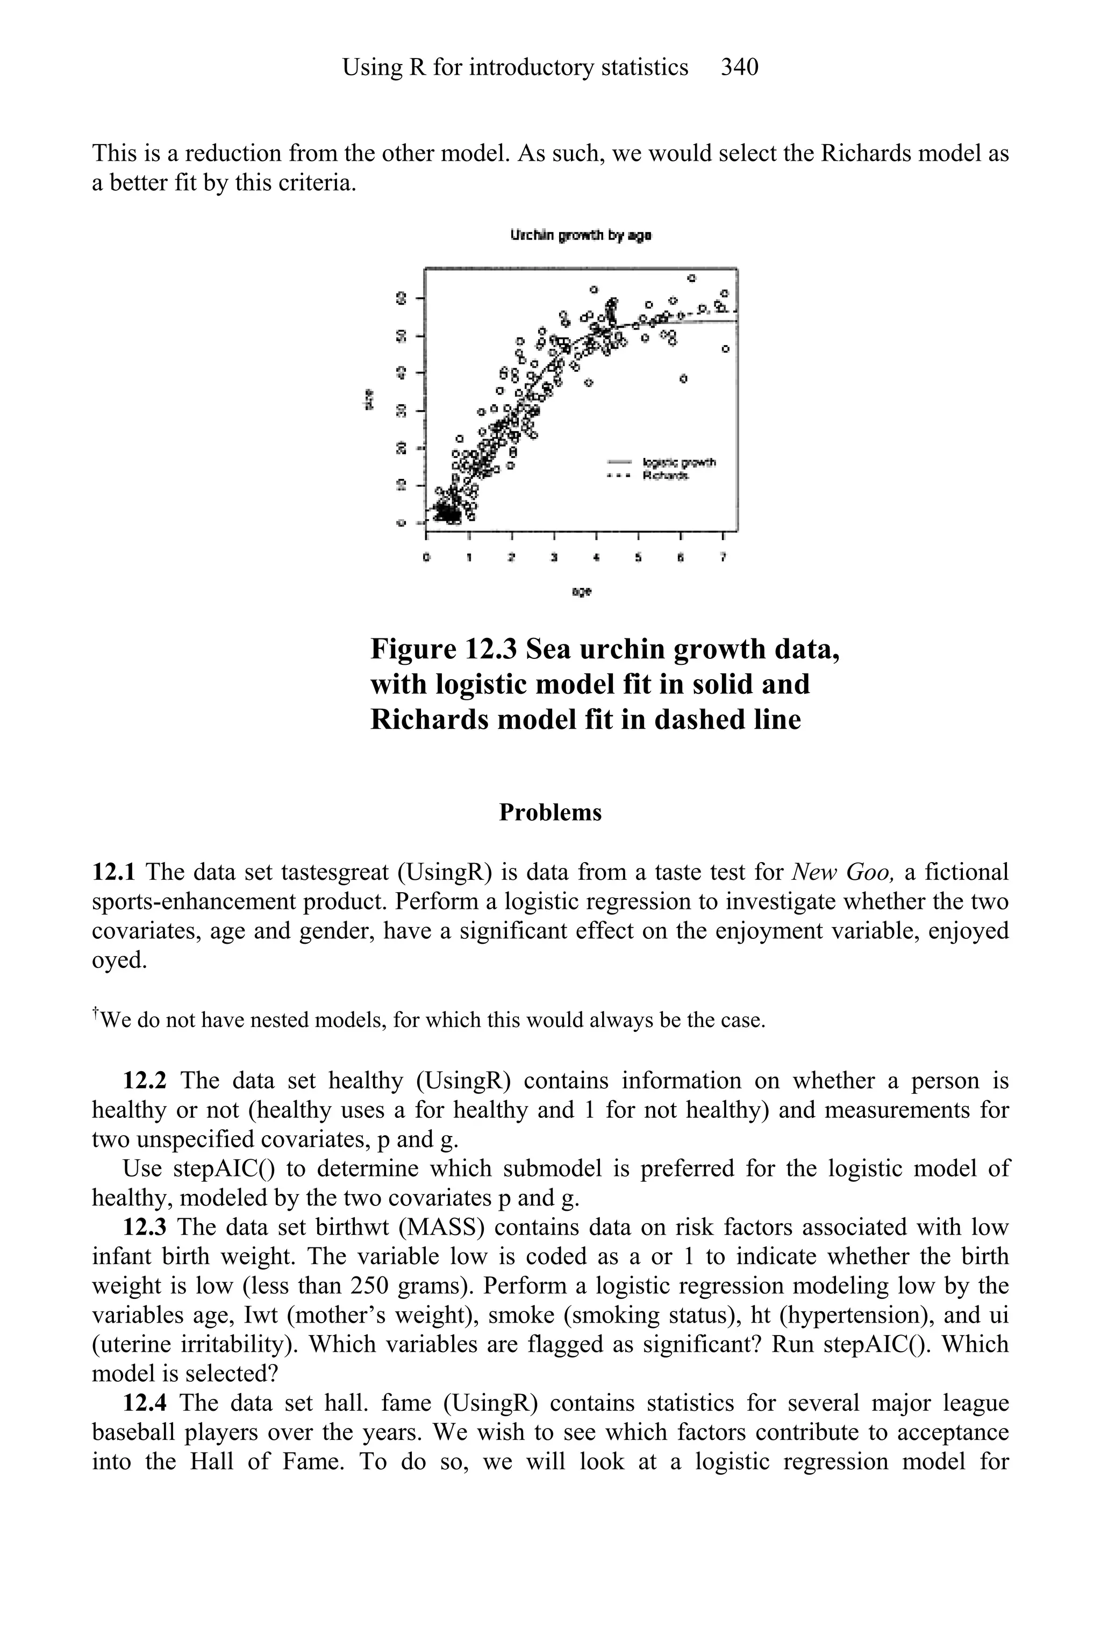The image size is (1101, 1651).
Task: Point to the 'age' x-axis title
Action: tap(581, 592)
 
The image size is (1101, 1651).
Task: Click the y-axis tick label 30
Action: tap(402, 410)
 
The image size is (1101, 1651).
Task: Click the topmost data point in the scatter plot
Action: tap(692, 278)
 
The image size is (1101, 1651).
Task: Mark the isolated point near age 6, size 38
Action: tap(683, 379)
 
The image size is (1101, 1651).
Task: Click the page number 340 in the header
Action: tap(739, 67)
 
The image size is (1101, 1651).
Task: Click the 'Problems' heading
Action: tap(550, 812)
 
